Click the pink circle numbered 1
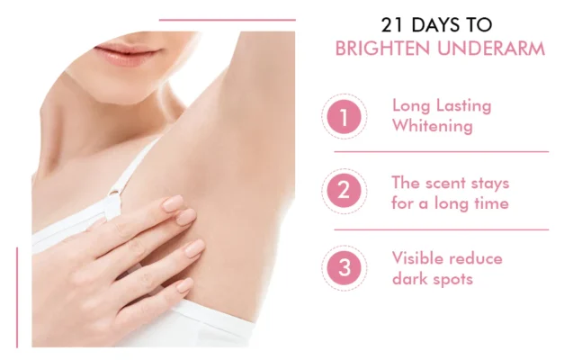(344, 116)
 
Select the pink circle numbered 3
(344, 267)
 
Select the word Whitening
(432, 126)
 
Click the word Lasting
(463, 105)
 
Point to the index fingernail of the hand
(173, 204)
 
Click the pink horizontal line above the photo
(227, 20)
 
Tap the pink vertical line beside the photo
(17, 297)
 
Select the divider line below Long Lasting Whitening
(441, 152)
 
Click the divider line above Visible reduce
(441, 229)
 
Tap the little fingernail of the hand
(184, 285)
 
